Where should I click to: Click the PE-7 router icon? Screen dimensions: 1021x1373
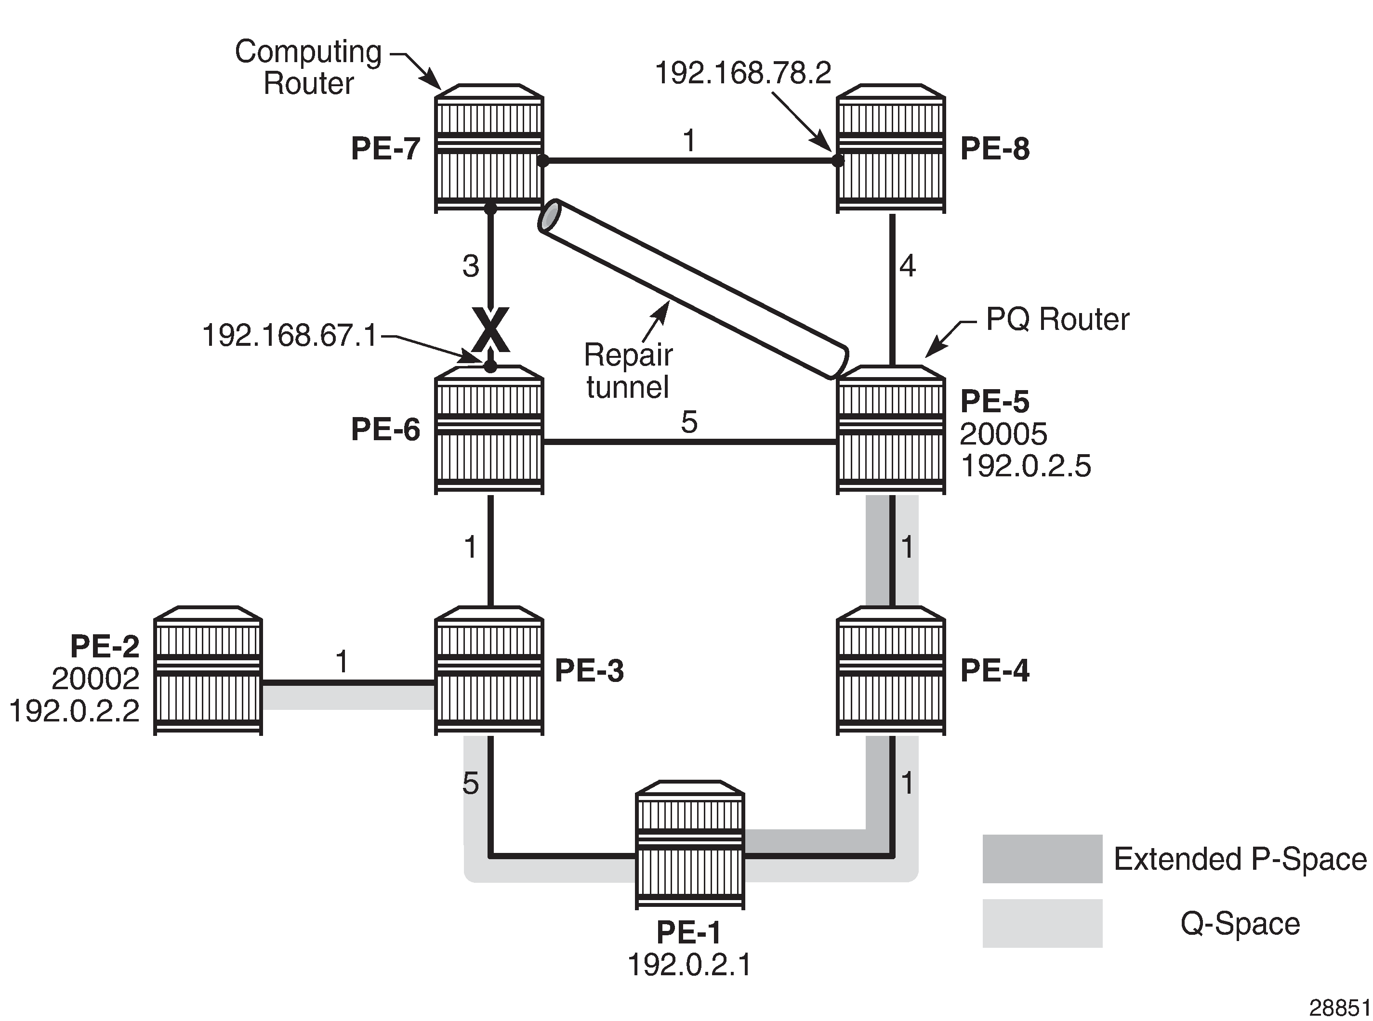pyautogui.click(x=488, y=148)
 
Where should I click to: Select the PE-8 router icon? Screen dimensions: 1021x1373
pyautogui.click(x=890, y=148)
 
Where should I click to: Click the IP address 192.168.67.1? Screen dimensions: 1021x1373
pyautogui.click(x=290, y=336)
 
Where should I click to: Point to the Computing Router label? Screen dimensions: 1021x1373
pyautogui.click(x=308, y=67)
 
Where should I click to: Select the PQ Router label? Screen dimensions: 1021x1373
pyautogui.click(x=1057, y=319)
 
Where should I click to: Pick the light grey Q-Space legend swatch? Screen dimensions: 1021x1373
pyautogui.click(x=1042, y=923)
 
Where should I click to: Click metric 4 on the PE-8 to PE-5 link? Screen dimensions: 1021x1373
pyautogui.click(x=907, y=266)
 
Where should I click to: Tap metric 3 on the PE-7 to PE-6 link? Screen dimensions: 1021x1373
pyautogui.click(x=471, y=266)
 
